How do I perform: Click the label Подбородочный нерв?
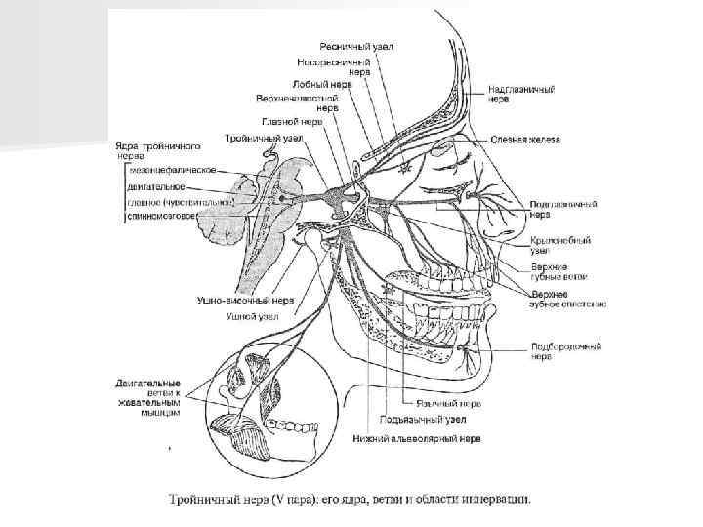(565, 350)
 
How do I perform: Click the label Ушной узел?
(253, 316)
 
